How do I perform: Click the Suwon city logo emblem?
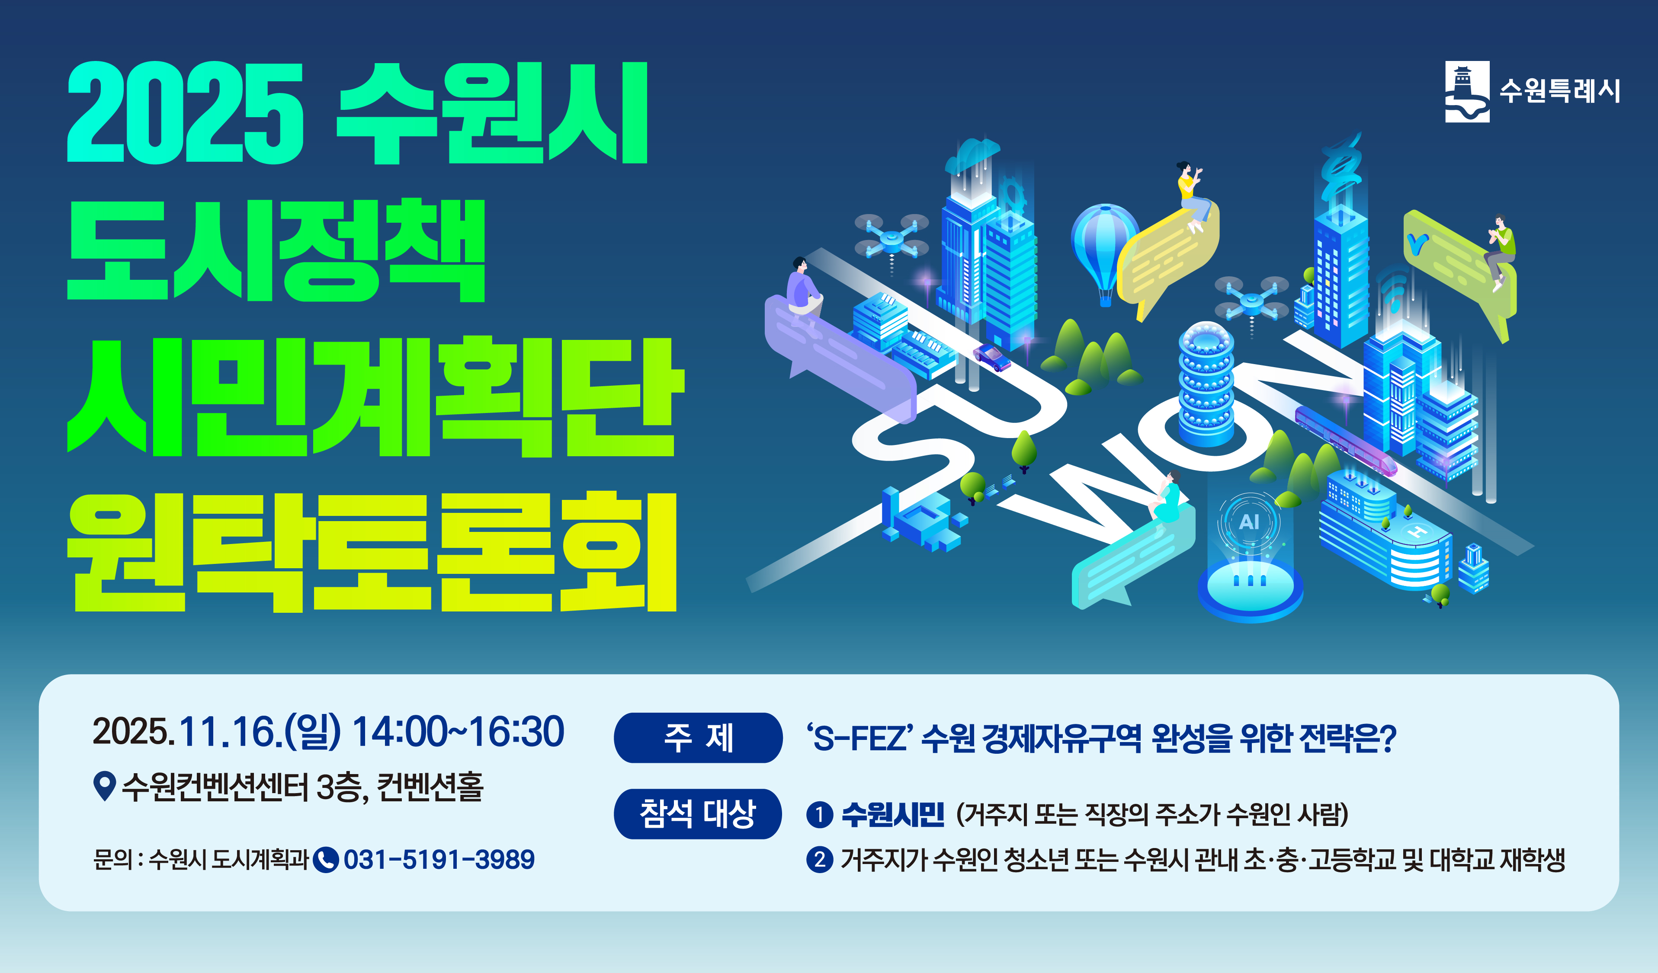pos(1466,91)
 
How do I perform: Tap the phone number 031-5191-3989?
pos(439,859)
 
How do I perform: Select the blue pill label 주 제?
pos(698,737)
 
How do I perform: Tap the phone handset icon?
pos(326,859)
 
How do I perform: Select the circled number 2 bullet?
pos(819,859)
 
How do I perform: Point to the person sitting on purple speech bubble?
pos(804,289)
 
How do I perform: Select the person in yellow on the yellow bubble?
pos(1192,194)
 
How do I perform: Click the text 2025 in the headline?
pos(186,113)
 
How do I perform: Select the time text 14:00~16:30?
pos(458,732)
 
